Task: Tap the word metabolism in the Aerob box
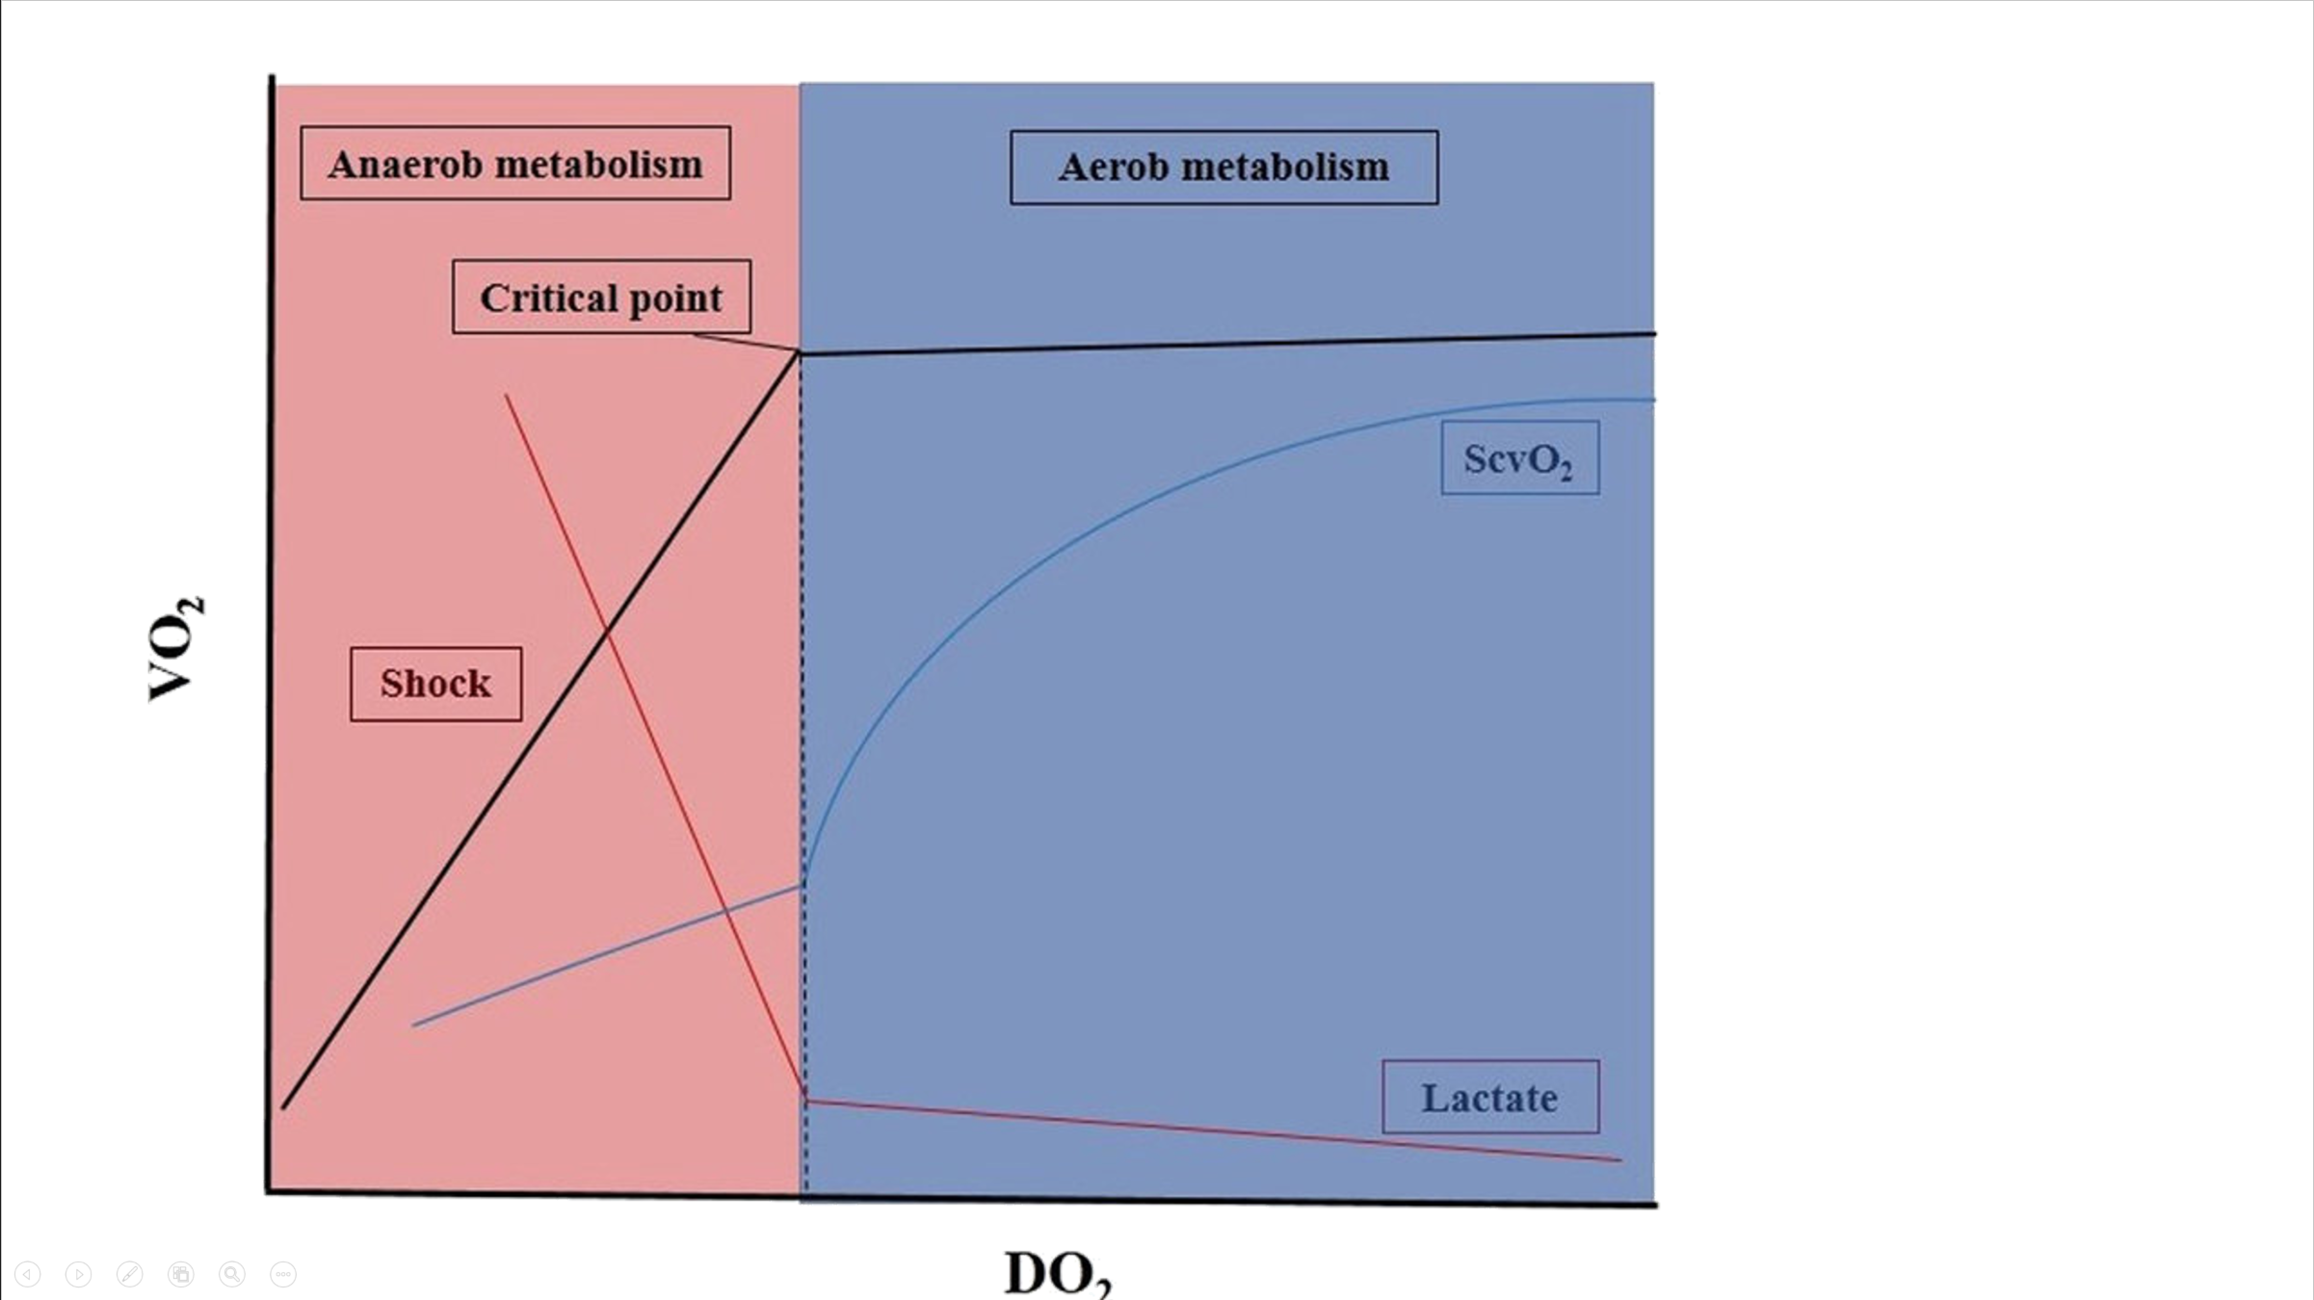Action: (1285, 168)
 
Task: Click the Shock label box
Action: (435, 684)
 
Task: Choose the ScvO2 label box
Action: (1519, 458)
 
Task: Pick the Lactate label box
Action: (1489, 1098)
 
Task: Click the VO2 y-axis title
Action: (174, 648)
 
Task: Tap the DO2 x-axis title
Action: (1057, 1271)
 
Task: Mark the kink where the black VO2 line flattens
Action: (800, 354)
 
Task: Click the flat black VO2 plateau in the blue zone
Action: (1223, 344)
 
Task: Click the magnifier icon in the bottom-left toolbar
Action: (232, 1274)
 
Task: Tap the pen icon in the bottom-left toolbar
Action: (129, 1274)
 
